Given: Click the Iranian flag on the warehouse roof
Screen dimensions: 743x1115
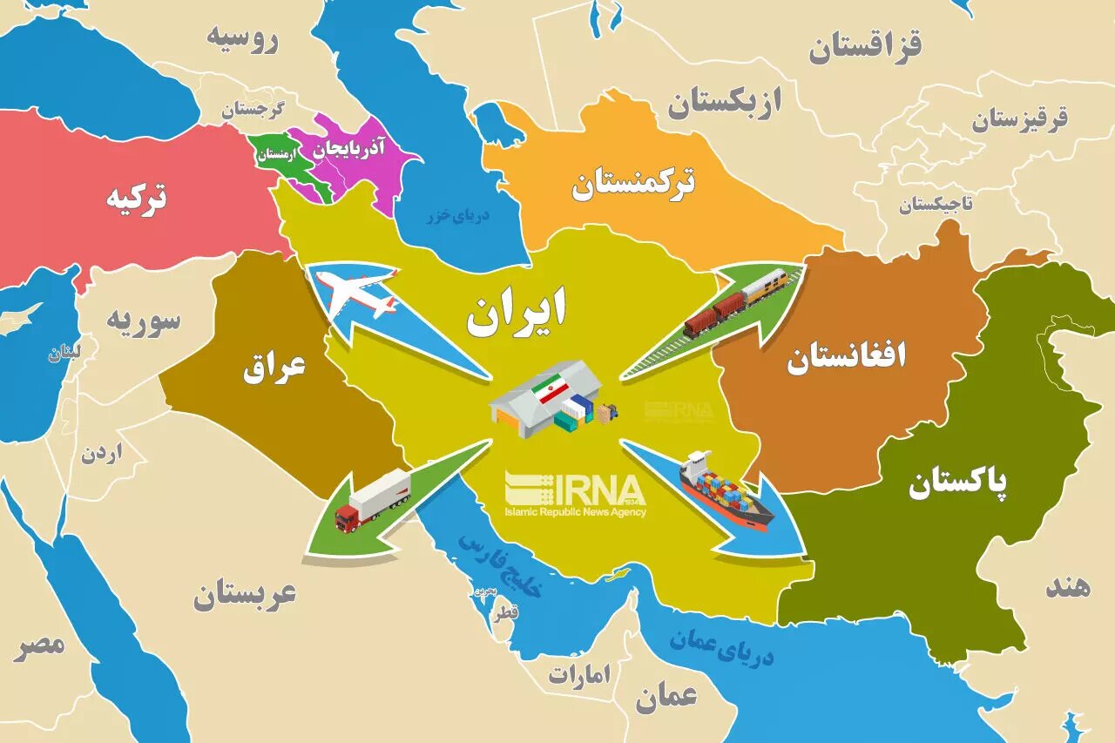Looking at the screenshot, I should [x=551, y=390].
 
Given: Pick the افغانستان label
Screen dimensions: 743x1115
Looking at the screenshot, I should [x=846, y=357].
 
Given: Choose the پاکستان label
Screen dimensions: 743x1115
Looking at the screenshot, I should [x=958, y=483].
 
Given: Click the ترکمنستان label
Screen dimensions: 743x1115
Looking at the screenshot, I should [x=633, y=184].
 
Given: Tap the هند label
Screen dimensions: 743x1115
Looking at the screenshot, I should [x=1067, y=586].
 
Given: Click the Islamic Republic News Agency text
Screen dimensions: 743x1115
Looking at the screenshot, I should [x=575, y=511].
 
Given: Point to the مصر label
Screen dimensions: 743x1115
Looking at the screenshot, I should [x=39, y=645].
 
